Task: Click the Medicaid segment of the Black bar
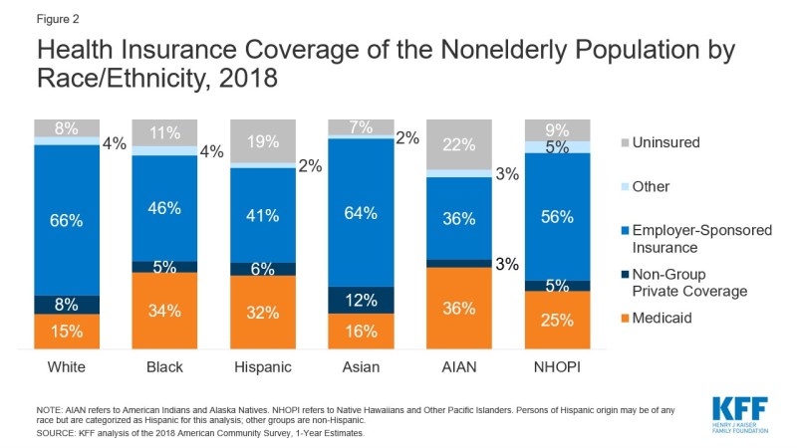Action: (x=165, y=311)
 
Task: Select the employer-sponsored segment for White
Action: (x=67, y=220)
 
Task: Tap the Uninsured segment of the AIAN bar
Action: (x=459, y=144)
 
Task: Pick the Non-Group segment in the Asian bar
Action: (x=362, y=300)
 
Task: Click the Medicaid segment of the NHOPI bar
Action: (x=557, y=320)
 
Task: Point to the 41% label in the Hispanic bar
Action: (x=263, y=213)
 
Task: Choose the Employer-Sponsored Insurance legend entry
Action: (x=696, y=238)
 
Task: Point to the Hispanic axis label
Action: (x=263, y=367)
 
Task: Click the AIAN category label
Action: (x=459, y=367)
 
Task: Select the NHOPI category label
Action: (x=557, y=367)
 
